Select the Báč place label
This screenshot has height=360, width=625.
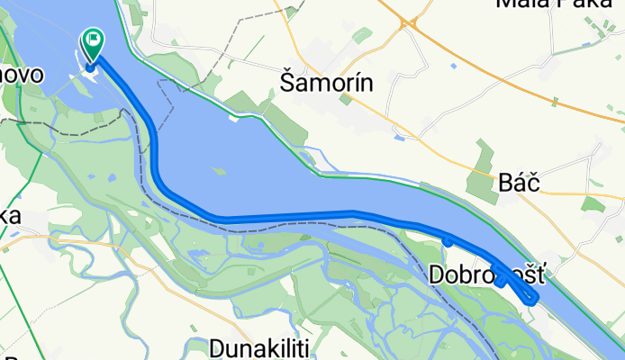point(518,184)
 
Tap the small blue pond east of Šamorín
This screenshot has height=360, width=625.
point(398,138)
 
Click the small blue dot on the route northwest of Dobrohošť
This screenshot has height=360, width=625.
point(448,240)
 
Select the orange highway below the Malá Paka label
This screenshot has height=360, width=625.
point(540,94)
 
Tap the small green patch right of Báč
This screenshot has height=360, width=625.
point(592,202)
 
